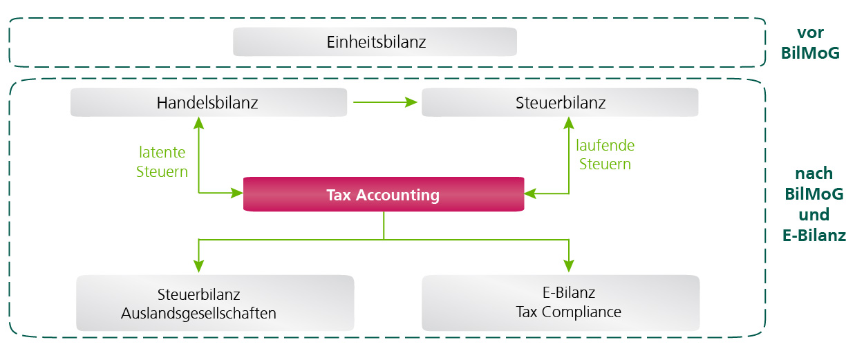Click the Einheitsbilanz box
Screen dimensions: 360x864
(x=375, y=42)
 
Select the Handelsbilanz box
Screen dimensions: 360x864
(x=208, y=104)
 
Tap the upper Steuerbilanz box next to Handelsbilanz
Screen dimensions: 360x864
(x=560, y=104)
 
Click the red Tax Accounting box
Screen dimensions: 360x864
(x=383, y=195)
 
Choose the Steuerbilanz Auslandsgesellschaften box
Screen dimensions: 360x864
(x=214, y=303)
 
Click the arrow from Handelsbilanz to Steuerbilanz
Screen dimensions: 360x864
(x=384, y=103)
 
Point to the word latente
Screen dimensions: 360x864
(x=162, y=153)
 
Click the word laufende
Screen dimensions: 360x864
(x=605, y=146)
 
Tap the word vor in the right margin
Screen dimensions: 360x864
(x=811, y=32)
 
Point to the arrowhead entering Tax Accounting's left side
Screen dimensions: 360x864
(x=236, y=193)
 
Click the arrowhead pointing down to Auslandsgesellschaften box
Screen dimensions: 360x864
(x=199, y=265)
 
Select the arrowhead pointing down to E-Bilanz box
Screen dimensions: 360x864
(x=569, y=265)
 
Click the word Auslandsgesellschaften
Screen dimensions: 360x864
(x=198, y=313)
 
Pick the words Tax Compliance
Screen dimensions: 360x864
(x=568, y=312)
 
